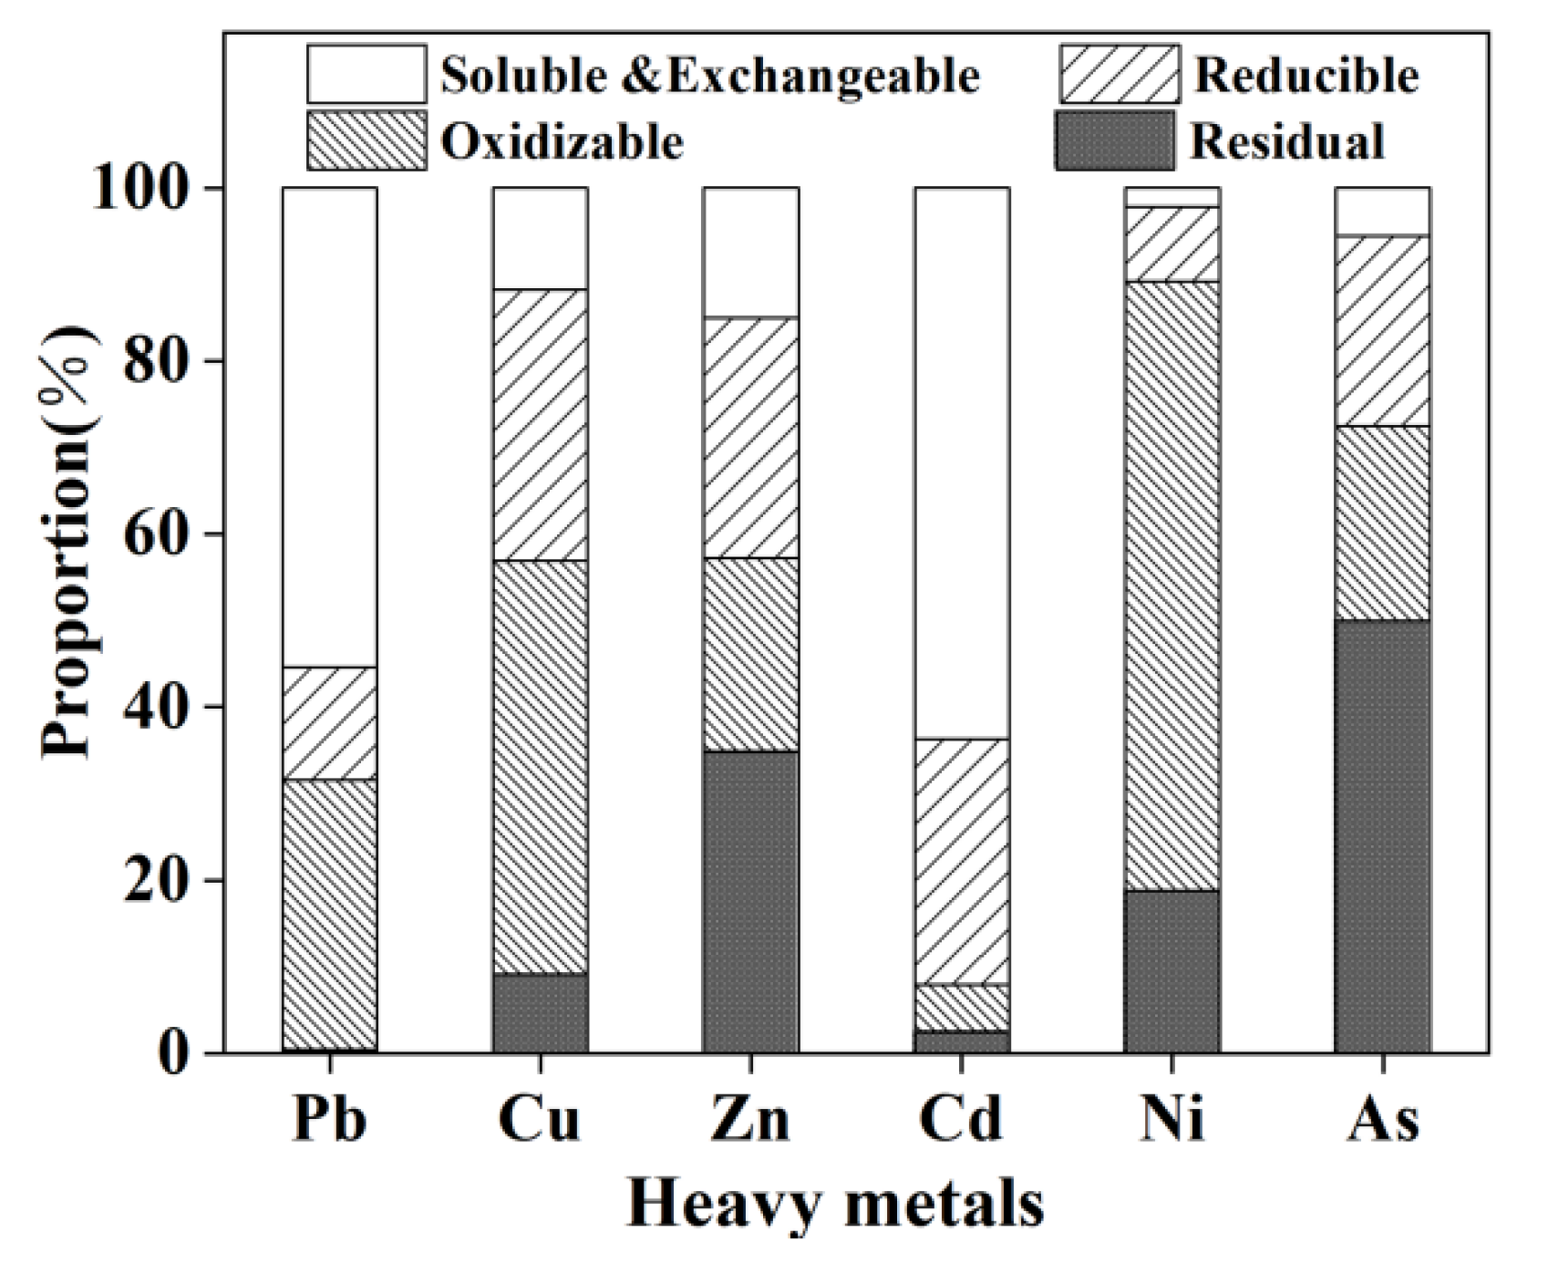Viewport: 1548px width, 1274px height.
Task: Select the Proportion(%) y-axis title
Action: point(68,543)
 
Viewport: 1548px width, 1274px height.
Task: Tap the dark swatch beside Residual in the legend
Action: point(1114,141)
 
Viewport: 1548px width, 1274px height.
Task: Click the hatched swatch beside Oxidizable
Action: point(366,141)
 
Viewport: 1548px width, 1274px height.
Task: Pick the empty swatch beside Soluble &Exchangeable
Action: point(366,74)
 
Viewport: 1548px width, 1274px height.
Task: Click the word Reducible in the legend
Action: point(1305,75)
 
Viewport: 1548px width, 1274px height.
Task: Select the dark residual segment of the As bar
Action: point(1383,835)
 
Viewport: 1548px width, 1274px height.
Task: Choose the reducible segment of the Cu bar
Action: point(541,424)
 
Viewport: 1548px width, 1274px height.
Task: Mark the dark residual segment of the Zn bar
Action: point(750,901)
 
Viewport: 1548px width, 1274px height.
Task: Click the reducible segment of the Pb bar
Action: point(330,723)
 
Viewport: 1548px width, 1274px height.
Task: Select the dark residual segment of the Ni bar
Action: point(1172,971)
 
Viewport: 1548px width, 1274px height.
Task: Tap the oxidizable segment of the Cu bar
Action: point(541,766)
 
